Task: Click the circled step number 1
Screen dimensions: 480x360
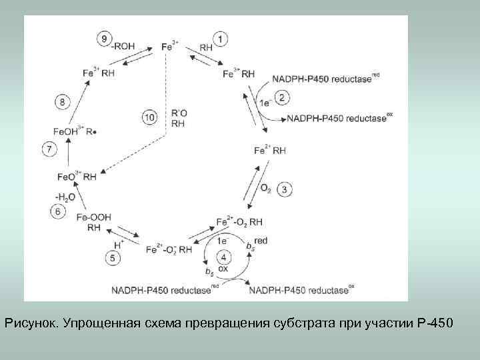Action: point(222,39)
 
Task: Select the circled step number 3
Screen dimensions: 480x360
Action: point(284,189)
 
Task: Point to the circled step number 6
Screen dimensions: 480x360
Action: point(58,211)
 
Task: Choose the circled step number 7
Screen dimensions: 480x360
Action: point(50,149)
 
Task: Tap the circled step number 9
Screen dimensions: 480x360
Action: point(105,39)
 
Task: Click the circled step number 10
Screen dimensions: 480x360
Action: point(151,117)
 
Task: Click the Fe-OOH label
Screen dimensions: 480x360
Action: point(93,217)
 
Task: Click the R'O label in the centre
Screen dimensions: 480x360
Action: point(179,113)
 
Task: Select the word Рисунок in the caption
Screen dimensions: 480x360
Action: point(31,323)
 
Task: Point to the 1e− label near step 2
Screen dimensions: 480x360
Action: point(265,103)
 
